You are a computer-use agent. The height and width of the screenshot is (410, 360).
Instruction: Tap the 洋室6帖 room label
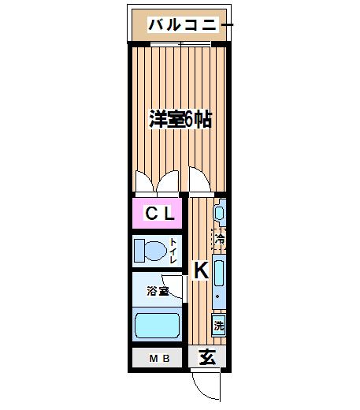coord(180,119)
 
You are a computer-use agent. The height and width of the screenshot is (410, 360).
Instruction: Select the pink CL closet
coord(157,213)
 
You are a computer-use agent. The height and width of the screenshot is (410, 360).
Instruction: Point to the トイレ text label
coord(173,251)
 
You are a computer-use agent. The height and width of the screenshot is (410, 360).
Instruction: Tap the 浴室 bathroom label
coord(158,291)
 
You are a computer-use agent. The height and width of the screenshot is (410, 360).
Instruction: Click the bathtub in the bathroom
coord(157,326)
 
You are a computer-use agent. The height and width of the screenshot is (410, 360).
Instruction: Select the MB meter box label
coord(159,358)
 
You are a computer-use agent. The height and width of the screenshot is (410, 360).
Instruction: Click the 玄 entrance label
coord(207,357)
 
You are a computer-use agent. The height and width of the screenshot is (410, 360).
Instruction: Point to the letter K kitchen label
coord(202,270)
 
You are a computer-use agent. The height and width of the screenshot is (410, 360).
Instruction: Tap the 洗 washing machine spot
coord(219,326)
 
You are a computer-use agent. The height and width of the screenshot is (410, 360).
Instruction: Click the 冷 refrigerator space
coord(220,239)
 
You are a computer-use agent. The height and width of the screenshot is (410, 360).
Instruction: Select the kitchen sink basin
coord(219,273)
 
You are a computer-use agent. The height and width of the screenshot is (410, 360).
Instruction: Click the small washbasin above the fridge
coord(220,213)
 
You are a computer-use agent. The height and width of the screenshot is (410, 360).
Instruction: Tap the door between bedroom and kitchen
coord(200,180)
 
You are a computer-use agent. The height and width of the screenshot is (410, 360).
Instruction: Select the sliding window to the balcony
coord(180,44)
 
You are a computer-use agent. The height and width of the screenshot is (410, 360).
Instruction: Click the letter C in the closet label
coord(151,213)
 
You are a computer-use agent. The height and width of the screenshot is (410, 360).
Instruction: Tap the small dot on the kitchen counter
coord(217,296)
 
